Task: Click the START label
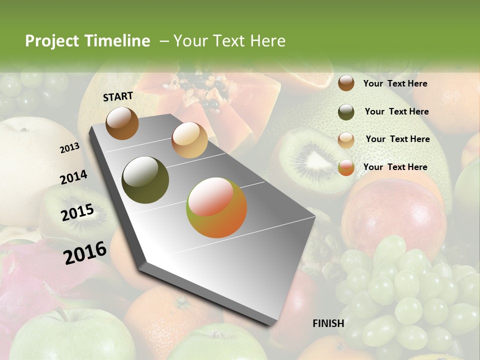[118, 96]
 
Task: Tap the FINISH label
[328, 323]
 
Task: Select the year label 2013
[69, 147]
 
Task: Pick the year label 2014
[73, 177]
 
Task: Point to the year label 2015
[77, 212]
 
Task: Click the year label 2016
[85, 252]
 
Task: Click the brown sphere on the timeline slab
[122, 123]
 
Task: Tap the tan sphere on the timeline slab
[189, 140]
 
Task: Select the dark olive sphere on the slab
[145, 179]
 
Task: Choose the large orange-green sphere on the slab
[216, 207]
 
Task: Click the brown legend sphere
[346, 83]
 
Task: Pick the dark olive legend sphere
[346, 112]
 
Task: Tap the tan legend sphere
[346, 140]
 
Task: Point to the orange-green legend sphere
[346, 167]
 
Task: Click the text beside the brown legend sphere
[395, 83]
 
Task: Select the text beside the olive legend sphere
[396, 111]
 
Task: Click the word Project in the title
[52, 41]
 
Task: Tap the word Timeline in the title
[117, 41]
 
